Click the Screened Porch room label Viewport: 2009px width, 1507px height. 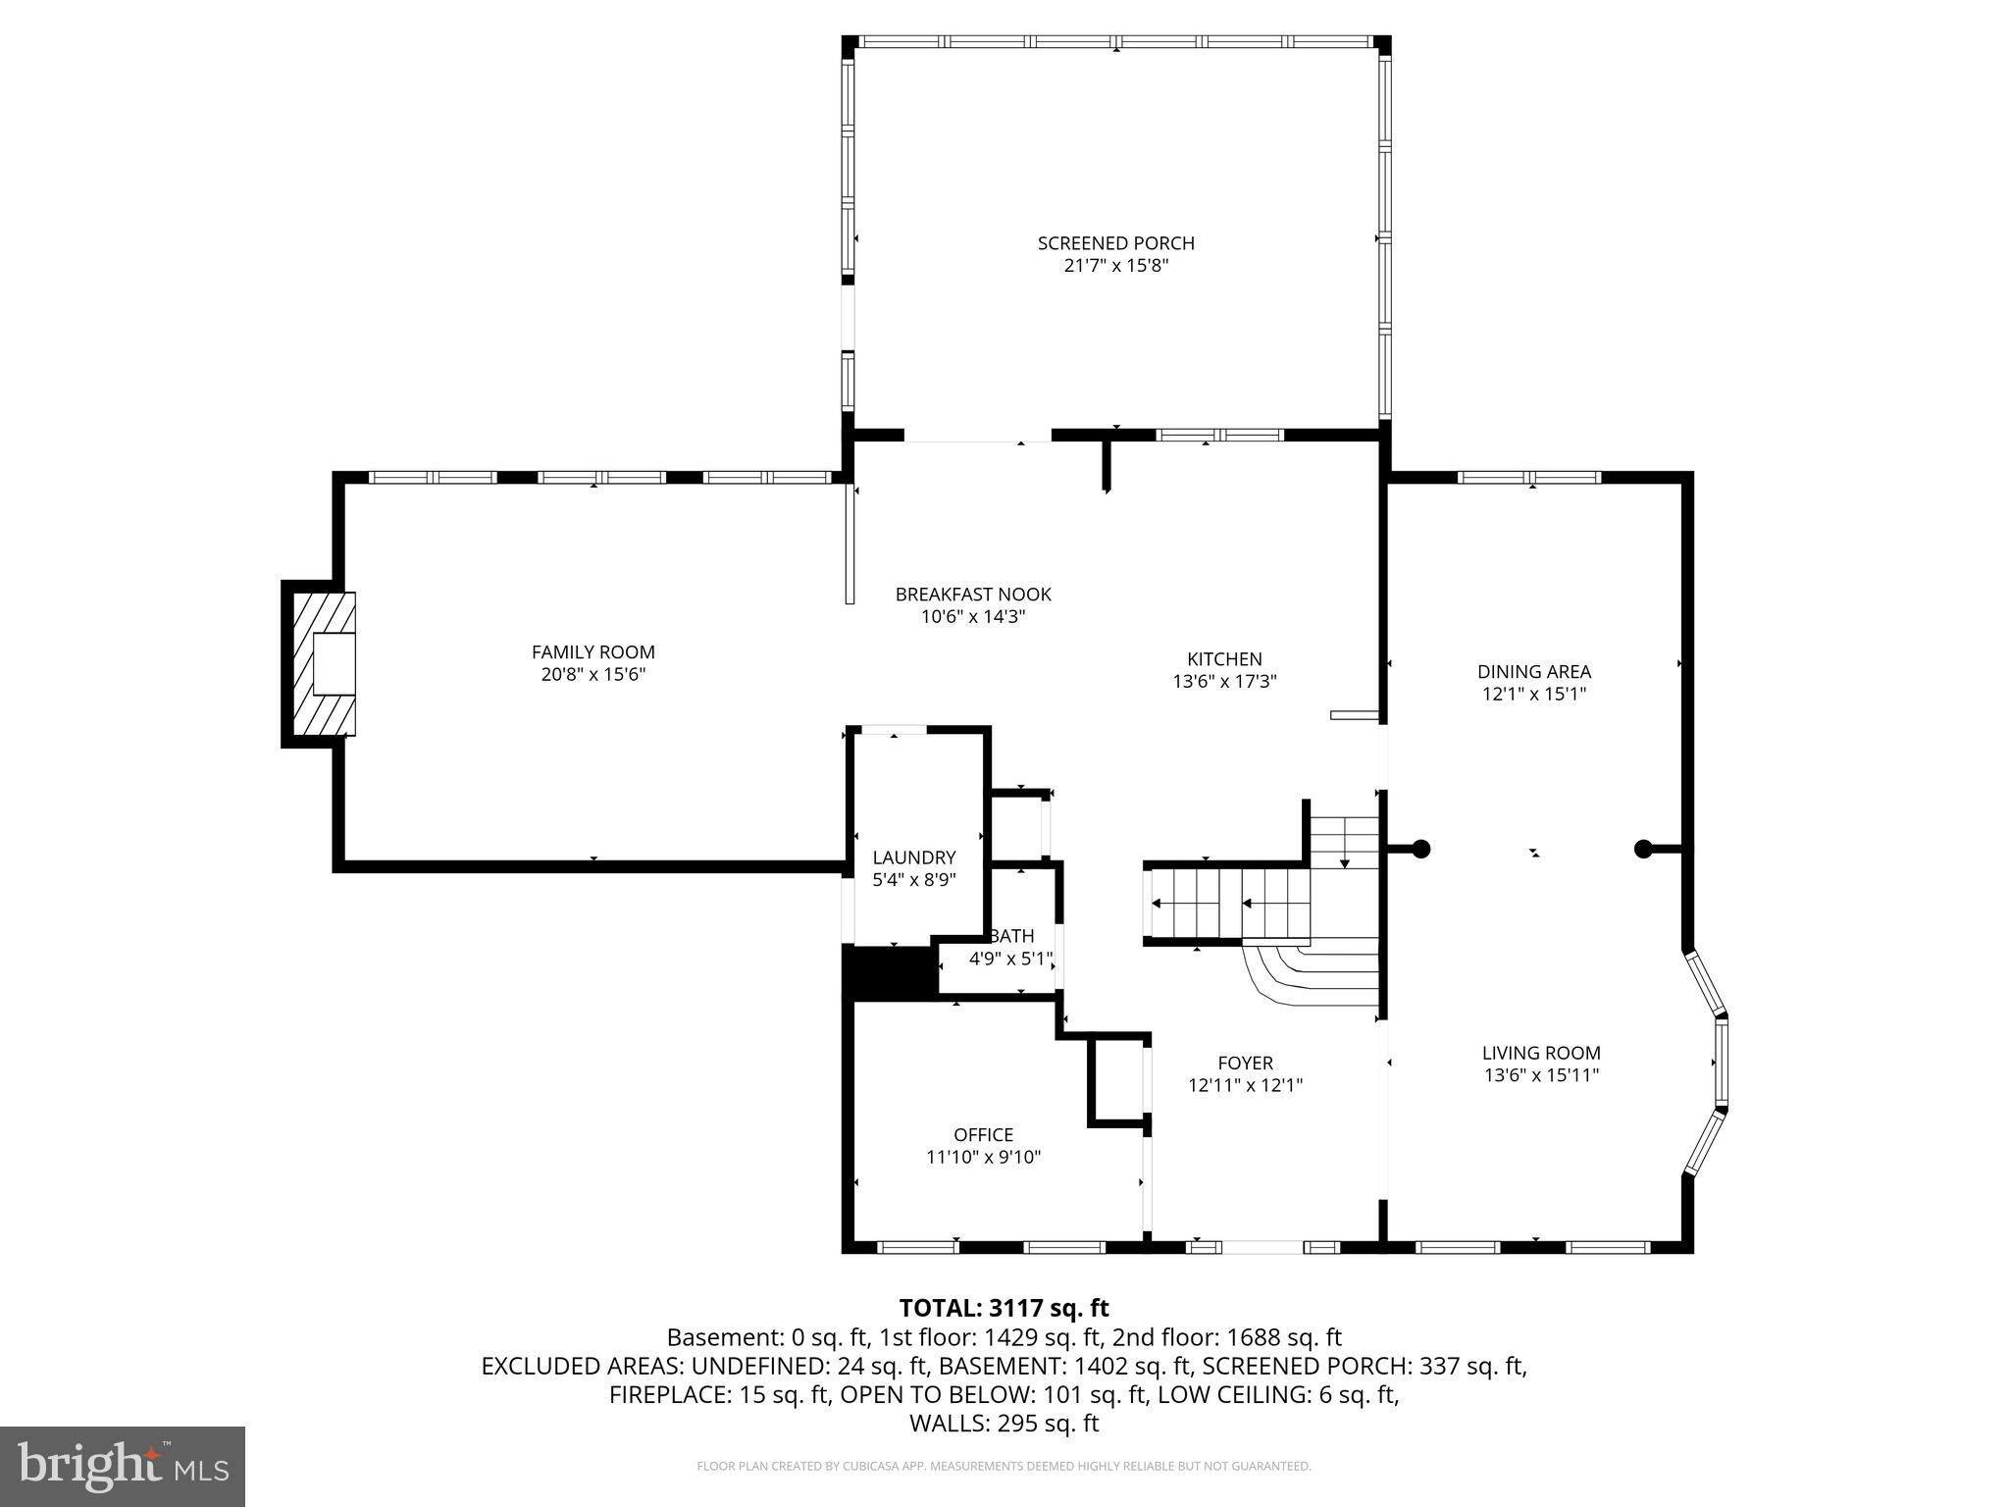(1115, 242)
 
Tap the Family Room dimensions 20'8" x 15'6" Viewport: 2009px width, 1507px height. (592, 675)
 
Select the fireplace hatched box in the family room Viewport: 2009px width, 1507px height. (320, 663)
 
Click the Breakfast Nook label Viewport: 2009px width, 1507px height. (972, 594)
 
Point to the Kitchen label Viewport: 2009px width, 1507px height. (1223, 659)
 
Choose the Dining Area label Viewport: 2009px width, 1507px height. (1533, 671)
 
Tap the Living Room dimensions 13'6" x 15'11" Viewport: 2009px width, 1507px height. (1541, 1075)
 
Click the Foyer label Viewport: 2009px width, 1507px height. (1245, 1063)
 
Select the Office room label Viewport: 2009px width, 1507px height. (983, 1134)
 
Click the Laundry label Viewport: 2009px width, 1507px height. (913, 857)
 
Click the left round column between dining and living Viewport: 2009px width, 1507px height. (1419, 849)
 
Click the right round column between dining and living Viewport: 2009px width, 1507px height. (1643, 849)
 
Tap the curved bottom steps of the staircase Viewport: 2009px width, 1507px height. (1305, 973)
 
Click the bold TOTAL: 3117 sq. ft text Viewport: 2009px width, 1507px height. (1004, 1308)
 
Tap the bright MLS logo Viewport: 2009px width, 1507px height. (123, 1466)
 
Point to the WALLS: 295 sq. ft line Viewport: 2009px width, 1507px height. (1004, 1424)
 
